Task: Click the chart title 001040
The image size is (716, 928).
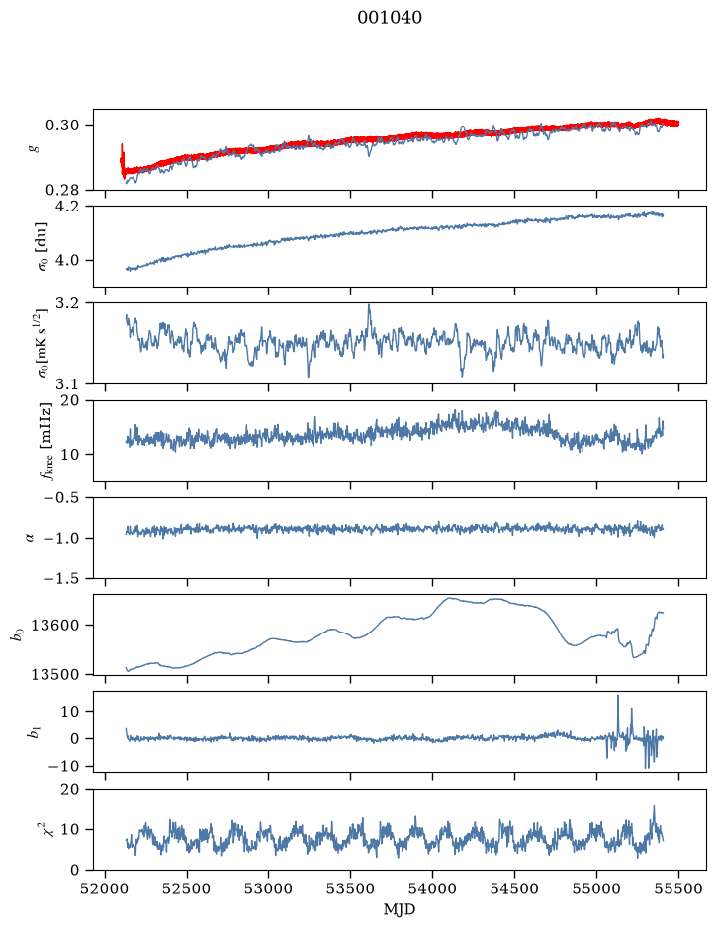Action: pyautogui.click(x=390, y=18)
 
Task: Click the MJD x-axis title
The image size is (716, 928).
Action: pyautogui.click(x=400, y=909)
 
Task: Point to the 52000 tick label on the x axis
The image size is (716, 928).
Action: pyautogui.click(x=106, y=888)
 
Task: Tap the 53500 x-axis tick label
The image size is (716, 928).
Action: pyautogui.click(x=351, y=888)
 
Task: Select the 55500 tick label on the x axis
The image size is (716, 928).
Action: pyautogui.click(x=678, y=888)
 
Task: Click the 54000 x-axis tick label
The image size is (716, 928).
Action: pyautogui.click(x=432, y=888)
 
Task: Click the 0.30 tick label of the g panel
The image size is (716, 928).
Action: pyautogui.click(x=62, y=125)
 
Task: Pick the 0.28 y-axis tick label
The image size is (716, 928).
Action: pyautogui.click(x=62, y=190)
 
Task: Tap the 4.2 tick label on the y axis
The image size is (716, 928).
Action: pyautogui.click(x=68, y=207)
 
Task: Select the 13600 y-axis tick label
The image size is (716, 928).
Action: pyautogui.click(x=55, y=625)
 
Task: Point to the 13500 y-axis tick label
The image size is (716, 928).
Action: pyautogui.click(x=55, y=674)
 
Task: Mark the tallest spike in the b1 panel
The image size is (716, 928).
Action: pyautogui.click(x=618, y=696)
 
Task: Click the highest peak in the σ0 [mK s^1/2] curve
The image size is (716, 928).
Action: pyautogui.click(x=369, y=305)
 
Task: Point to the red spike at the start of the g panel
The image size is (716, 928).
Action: pyautogui.click(x=122, y=144)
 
